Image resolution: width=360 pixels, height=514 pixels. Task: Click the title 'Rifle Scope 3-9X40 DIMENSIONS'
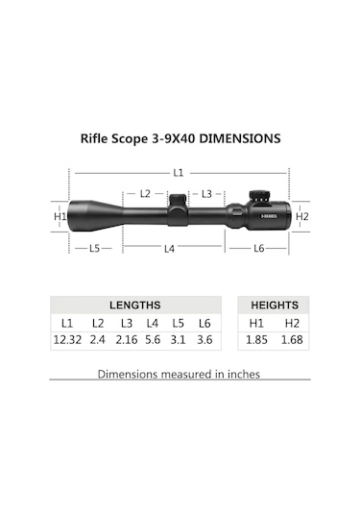(180, 138)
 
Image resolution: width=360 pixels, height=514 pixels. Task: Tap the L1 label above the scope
(179, 173)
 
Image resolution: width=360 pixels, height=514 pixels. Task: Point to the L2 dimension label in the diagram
(145, 193)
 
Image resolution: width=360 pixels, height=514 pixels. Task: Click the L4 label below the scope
(169, 249)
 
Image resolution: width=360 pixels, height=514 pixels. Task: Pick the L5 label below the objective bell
(94, 249)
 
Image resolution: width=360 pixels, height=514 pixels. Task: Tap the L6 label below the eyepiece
(258, 249)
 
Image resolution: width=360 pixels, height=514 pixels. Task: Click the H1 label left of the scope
(60, 217)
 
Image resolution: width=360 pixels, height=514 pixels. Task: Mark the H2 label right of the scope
(301, 217)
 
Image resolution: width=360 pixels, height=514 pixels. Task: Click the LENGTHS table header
(135, 305)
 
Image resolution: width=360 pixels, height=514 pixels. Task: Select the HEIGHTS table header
(275, 305)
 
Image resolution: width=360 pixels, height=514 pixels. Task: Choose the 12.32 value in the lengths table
(68, 340)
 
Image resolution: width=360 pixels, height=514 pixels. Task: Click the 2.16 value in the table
(126, 340)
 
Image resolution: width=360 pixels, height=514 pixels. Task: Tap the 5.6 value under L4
(153, 340)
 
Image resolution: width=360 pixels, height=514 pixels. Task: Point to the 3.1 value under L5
(179, 340)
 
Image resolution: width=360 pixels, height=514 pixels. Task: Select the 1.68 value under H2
(292, 340)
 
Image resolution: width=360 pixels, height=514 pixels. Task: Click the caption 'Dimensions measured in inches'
(179, 374)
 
